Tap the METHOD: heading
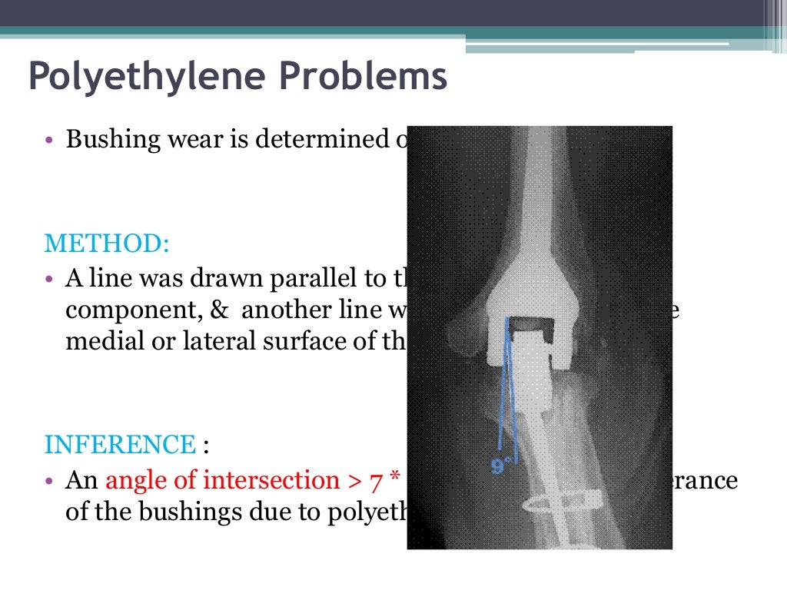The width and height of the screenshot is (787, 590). coord(107,243)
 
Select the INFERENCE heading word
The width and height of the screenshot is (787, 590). coord(120,444)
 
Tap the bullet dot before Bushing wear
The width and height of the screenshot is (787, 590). coord(49,141)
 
